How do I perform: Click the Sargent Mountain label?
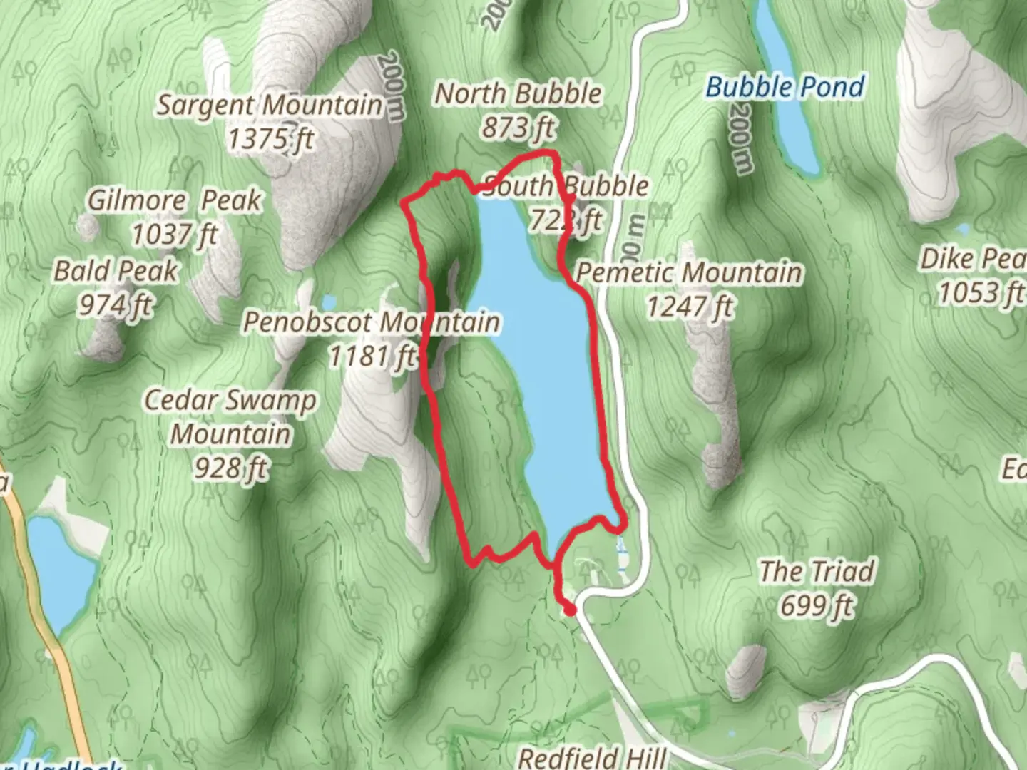coord(270,106)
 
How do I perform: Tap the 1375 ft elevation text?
coord(270,138)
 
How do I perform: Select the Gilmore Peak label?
coord(175,200)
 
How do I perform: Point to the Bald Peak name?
coord(116,271)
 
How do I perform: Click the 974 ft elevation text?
coord(116,305)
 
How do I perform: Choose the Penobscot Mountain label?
coord(371,322)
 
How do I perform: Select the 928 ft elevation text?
coord(230,468)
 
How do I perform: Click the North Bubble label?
coord(518,93)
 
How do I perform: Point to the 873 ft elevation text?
coord(518,128)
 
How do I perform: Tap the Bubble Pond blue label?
coord(785,87)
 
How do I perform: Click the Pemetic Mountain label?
coord(689,272)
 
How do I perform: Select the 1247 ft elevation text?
coord(689,307)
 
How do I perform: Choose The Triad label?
coord(817,571)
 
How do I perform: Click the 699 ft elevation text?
coord(817,605)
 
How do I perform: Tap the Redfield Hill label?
coord(592,757)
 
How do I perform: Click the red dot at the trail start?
coord(569,610)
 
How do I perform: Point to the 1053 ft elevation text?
coord(981,292)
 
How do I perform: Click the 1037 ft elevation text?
coord(175,234)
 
